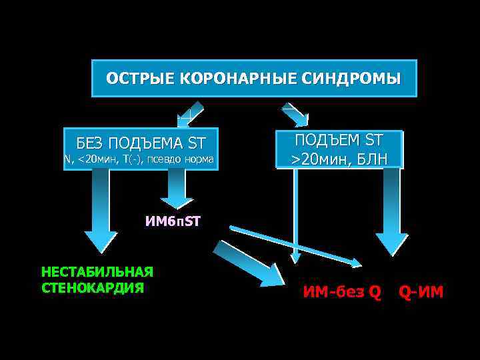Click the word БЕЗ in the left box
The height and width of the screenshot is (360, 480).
point(91,143)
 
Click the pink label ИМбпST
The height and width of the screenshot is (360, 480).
point(173,221)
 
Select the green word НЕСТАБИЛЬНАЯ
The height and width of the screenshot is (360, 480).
point(97,271)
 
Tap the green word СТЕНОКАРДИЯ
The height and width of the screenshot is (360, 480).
point(93,288)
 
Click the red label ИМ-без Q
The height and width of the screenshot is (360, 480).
point(342,291)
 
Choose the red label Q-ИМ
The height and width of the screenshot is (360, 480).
point(421,291)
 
